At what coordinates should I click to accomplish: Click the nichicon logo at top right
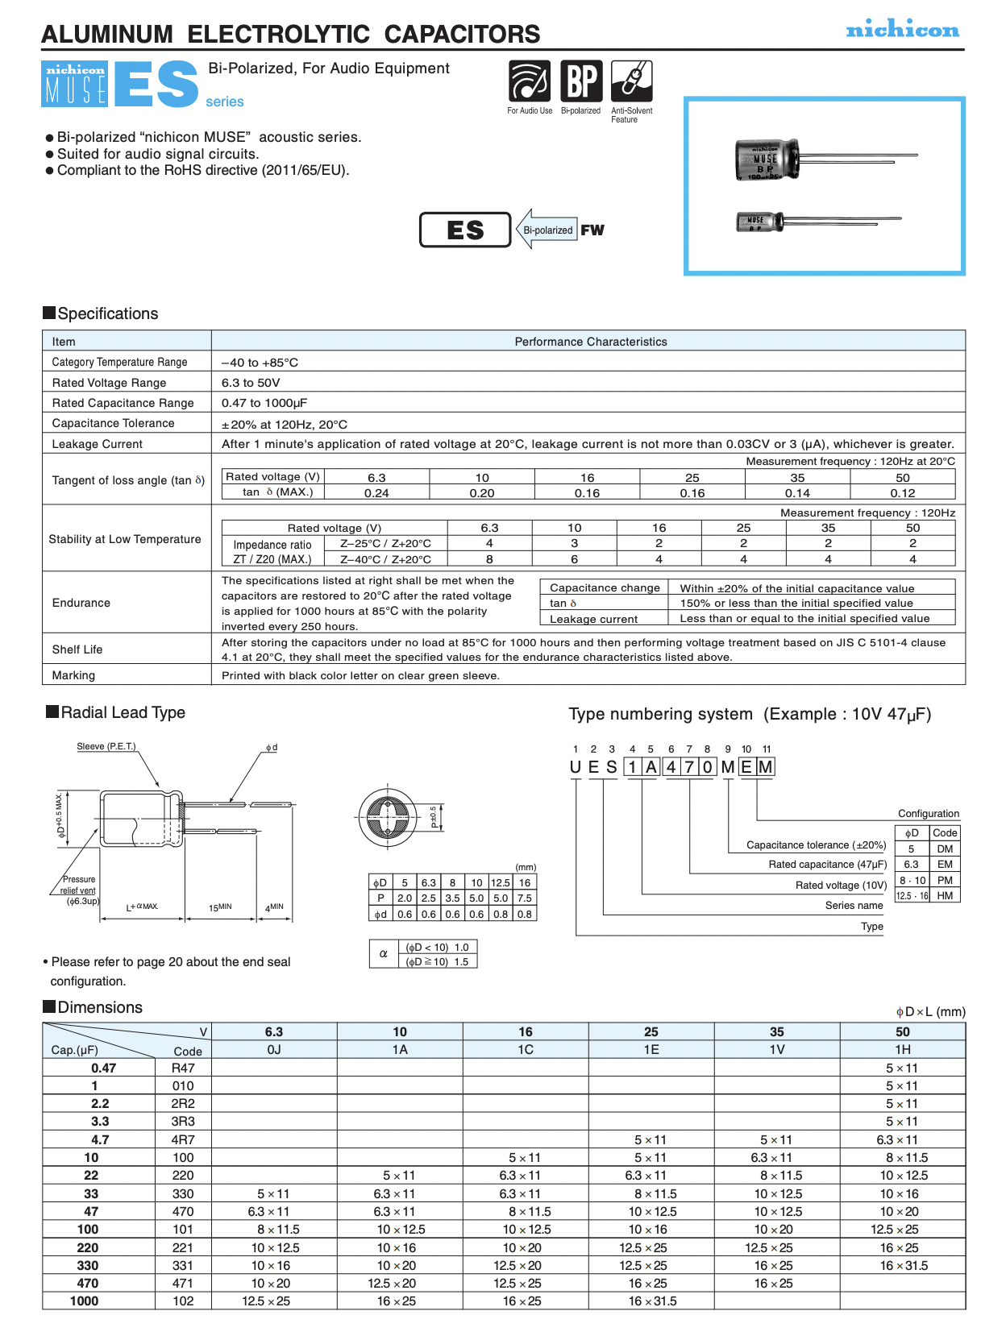tap(902, 30)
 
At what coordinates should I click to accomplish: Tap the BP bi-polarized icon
tap(581, 81)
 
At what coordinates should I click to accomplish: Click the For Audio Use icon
tap(530, 81)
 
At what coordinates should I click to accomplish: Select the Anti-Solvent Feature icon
tap(632, 81)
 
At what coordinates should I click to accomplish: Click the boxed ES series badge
tap(465, 230)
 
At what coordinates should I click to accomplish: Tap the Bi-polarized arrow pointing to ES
tap(547, 230)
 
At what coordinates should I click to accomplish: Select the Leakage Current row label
tap(97, 444)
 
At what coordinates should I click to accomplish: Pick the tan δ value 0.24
tap(376, 493)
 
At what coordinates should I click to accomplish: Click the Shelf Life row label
tap(77, 649)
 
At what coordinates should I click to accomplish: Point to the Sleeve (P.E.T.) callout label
tap(106, 747)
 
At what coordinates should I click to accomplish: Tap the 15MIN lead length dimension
tap(220, 907)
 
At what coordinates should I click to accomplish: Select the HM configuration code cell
tap(945, 895)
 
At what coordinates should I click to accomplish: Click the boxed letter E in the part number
tap(746, 767)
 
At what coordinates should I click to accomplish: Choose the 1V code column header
tap(776, 1049)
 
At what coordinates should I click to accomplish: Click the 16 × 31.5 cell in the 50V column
tap(903, 1266)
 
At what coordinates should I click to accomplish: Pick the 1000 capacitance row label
tap(84, 1301)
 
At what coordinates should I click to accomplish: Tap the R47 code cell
tap(183, 1068)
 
